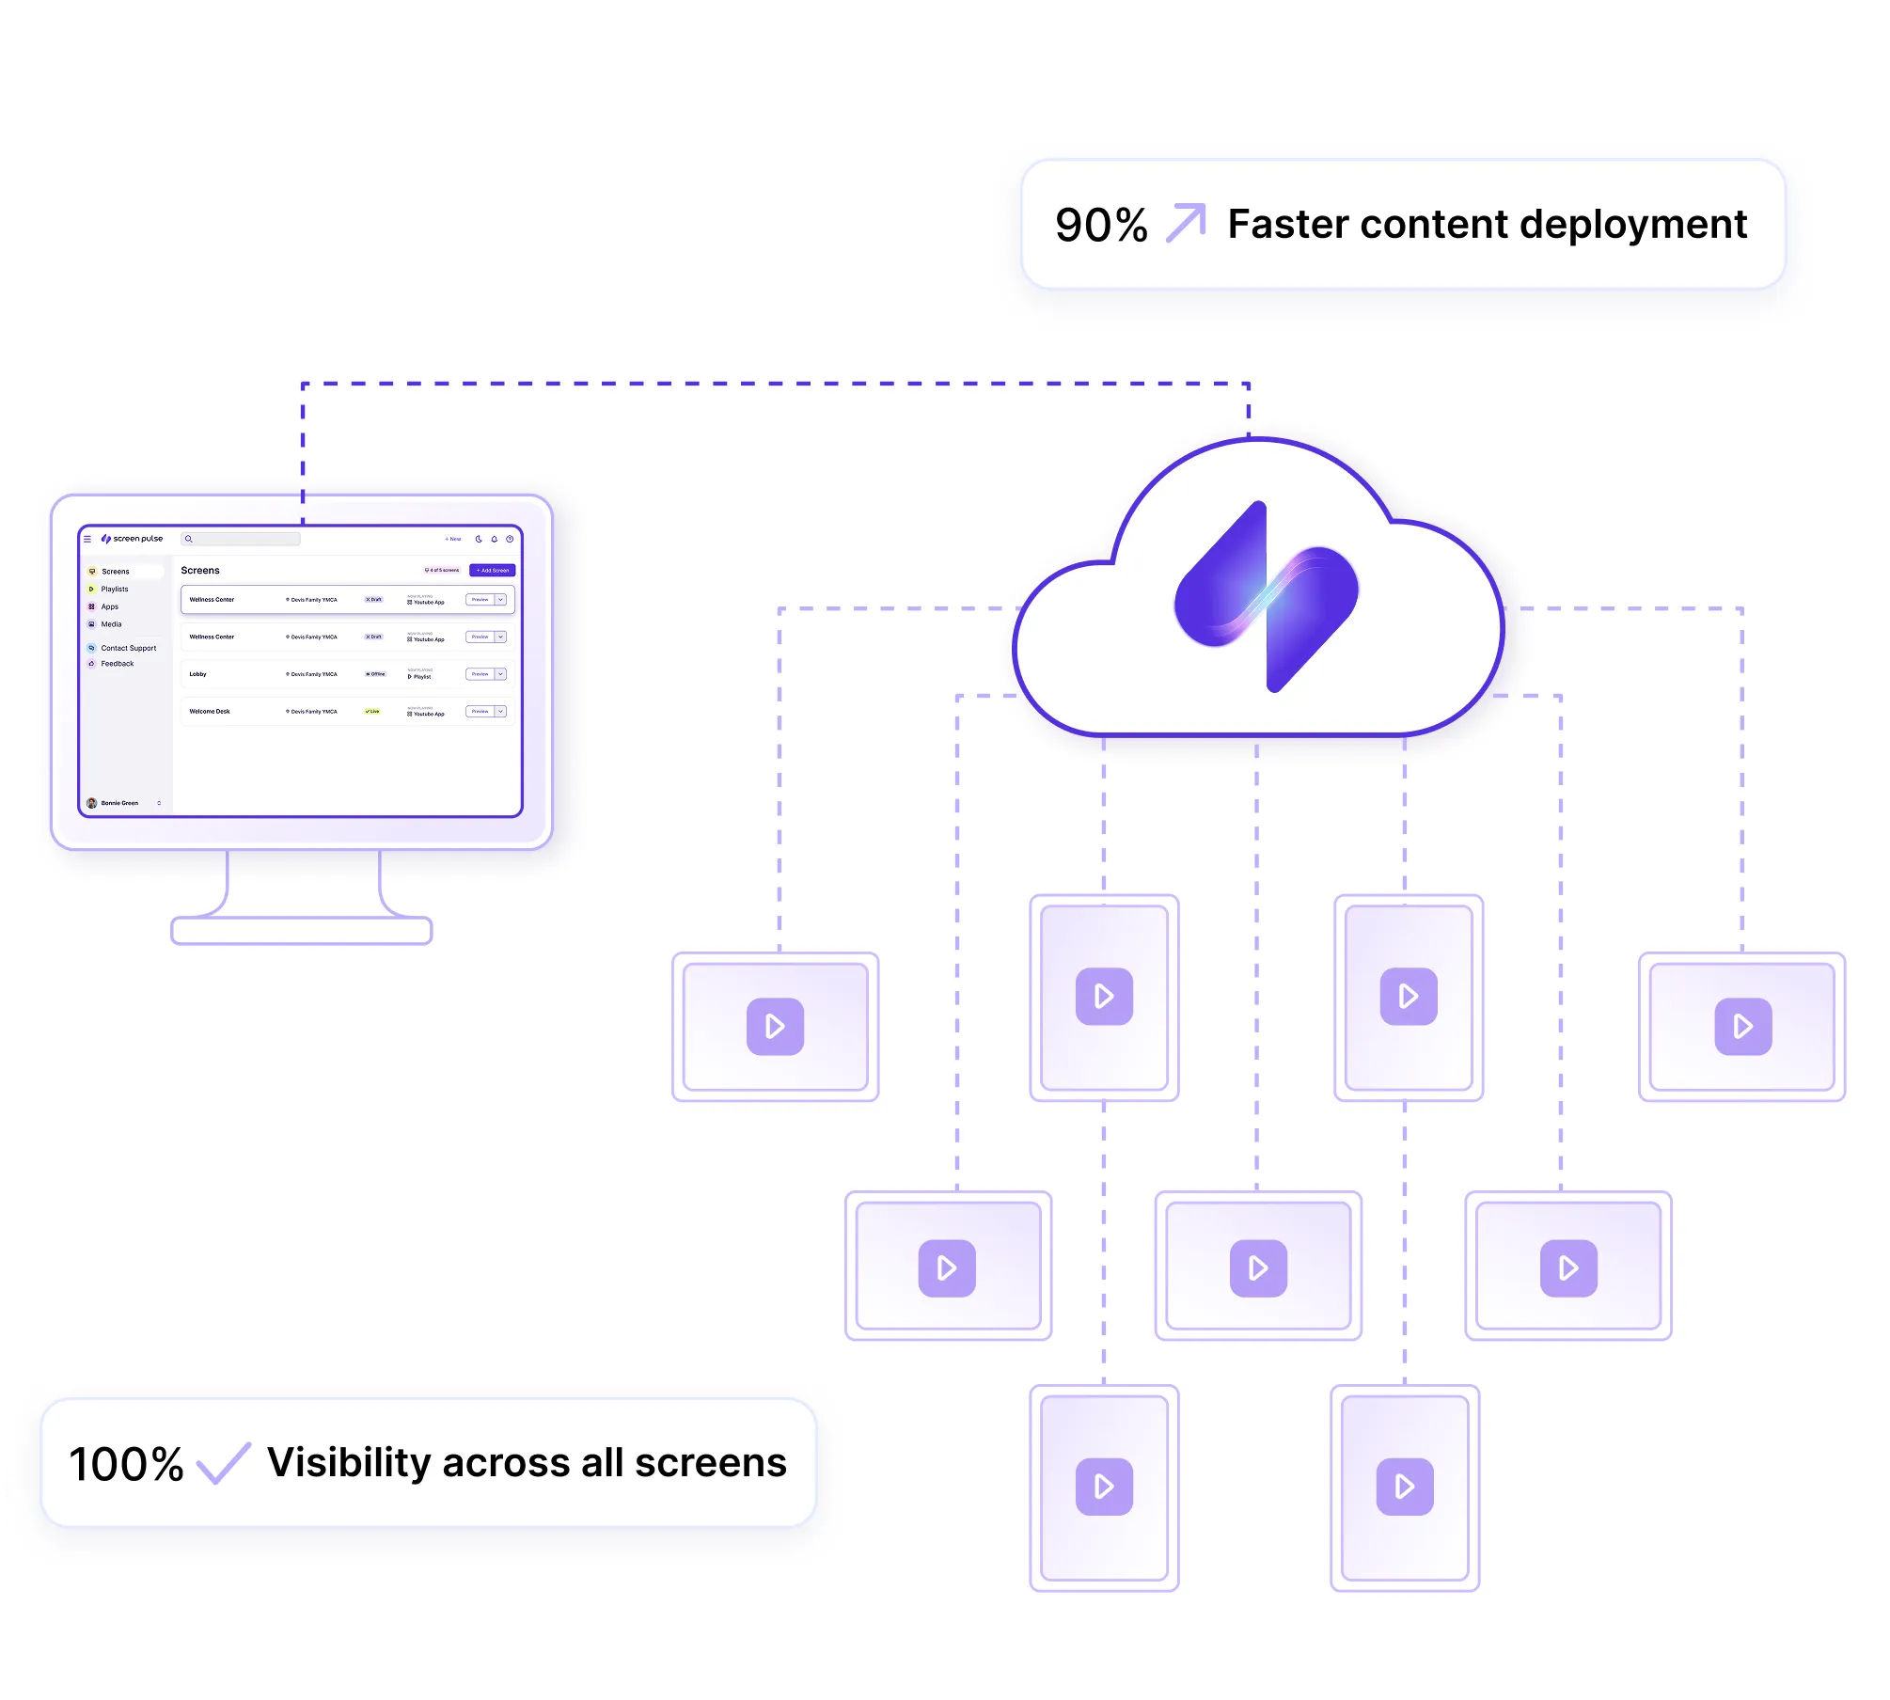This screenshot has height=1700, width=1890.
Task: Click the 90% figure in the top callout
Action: coord(1101,226)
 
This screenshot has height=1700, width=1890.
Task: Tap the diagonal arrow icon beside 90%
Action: coord(1186,224)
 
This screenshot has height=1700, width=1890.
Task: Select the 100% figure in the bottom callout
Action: coord(126,1464)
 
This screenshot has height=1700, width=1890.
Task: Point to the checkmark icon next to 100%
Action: coord(224,1463)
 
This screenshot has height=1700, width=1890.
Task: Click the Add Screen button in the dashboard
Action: coord(492,571)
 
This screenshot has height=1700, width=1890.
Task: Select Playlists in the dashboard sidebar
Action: coord(115,590)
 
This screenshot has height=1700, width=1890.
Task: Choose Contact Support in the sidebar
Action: coord(128,648)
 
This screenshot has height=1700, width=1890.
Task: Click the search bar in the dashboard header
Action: coord(246,539)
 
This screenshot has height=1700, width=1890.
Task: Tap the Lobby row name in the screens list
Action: coord(198,674)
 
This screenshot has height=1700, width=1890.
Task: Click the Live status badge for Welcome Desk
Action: coord(372,712)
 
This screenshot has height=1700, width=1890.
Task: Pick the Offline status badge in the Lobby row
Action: coord(375,674)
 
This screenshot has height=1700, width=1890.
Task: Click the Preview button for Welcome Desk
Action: coord(480,712)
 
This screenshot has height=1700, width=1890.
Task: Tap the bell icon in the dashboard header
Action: coord(495,539)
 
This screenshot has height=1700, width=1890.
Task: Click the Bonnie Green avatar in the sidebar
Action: coord(92,803)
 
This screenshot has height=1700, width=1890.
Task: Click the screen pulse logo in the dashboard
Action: coord(133,539)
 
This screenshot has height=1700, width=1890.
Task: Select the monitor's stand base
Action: coord(302,931)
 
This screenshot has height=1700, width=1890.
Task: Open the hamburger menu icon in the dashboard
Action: coord(87,539)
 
